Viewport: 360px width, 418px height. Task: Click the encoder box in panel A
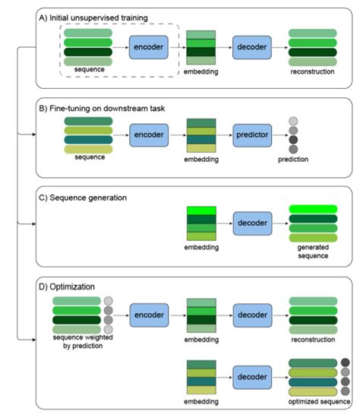148,47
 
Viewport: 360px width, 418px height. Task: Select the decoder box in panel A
252,47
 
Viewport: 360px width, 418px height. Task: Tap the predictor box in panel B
252,135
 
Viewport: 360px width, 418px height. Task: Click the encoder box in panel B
149,135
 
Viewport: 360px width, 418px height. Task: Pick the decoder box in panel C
252,223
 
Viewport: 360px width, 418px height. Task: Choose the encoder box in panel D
149,315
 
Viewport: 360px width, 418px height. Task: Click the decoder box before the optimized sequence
252,377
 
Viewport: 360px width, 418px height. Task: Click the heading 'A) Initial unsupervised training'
93,18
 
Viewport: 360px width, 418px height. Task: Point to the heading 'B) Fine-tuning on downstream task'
102,109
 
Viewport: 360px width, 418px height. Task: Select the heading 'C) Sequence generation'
83,198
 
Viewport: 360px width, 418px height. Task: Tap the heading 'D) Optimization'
67,287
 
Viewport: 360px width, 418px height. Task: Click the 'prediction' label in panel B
293,160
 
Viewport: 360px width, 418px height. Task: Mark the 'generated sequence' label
313,252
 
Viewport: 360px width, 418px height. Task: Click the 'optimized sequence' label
319,401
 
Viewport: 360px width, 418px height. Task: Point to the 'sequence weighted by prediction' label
83,341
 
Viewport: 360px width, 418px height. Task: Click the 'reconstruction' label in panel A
312,71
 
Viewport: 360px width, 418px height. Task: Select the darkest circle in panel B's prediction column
293,140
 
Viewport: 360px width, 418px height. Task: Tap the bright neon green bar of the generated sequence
313,209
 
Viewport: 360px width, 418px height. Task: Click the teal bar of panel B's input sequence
88,140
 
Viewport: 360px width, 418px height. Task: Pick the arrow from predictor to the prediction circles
280,135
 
